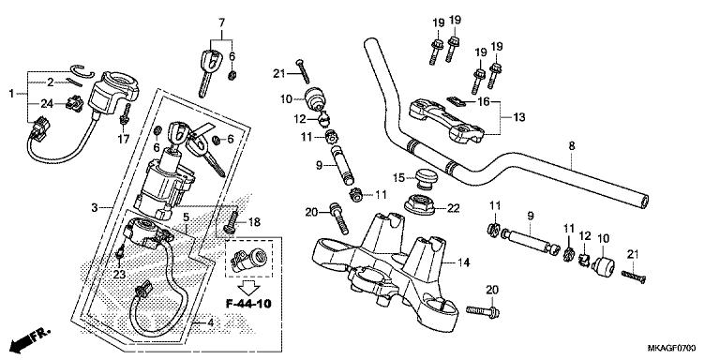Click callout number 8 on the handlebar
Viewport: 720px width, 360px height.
pos(570,147)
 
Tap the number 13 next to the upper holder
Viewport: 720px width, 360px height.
pos(518,118)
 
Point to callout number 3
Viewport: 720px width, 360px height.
pos(94,206)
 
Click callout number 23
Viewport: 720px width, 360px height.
pos(118,275)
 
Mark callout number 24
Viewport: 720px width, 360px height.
pos(47,103)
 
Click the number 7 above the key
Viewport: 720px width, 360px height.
pos(222,22)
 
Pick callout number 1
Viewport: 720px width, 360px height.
pos(11,94)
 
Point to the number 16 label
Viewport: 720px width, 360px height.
pos(484,100)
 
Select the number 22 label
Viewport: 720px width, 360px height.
pos(454,208)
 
